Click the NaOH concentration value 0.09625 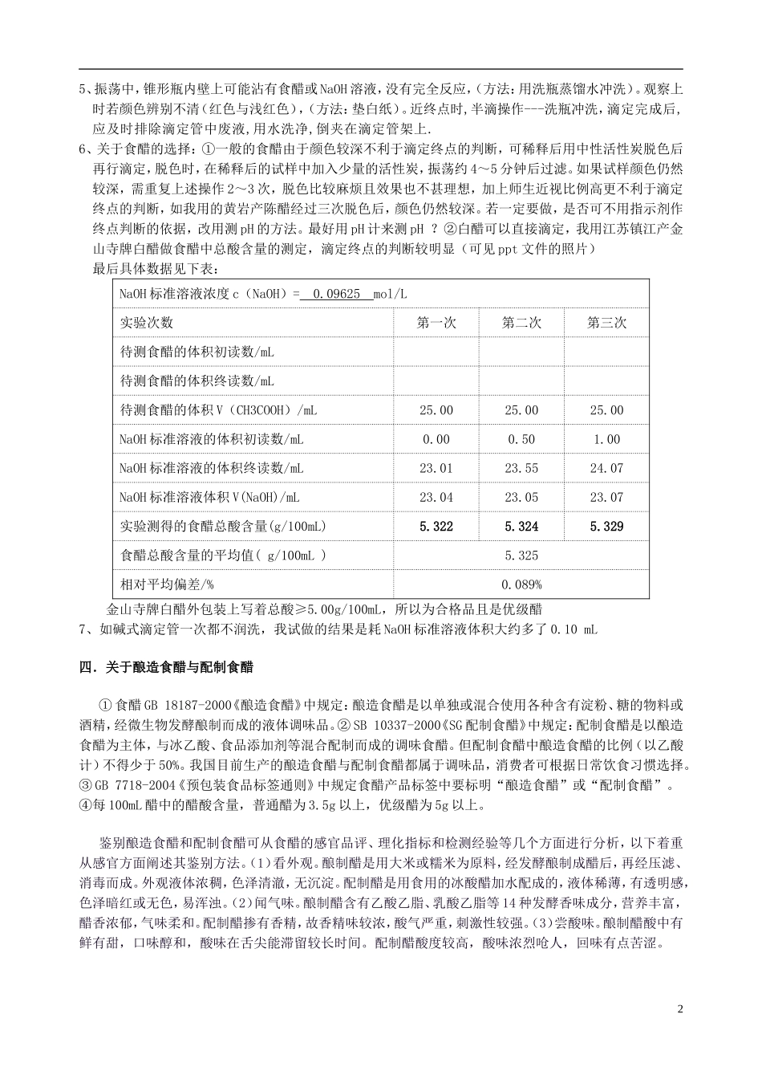click(x=337, y=294)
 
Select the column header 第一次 click(x=436, y=323)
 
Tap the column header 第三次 click(x=606, y=323)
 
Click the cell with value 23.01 click(x=436, y=468)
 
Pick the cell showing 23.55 click(x=521, y=468)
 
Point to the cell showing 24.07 click(x=606, y=468)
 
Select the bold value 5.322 click(x=436, y=527)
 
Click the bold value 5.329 click(x=606, y=527)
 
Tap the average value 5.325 click(x=521, y=556)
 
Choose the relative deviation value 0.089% click(x=521, y=584)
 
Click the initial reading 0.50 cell click(x=521, y=439)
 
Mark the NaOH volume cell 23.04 click(x=436, y=498)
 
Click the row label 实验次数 click(x=147, y=323)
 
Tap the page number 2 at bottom click(x=679, y=1008)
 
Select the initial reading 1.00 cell click(x=606, y=439)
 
